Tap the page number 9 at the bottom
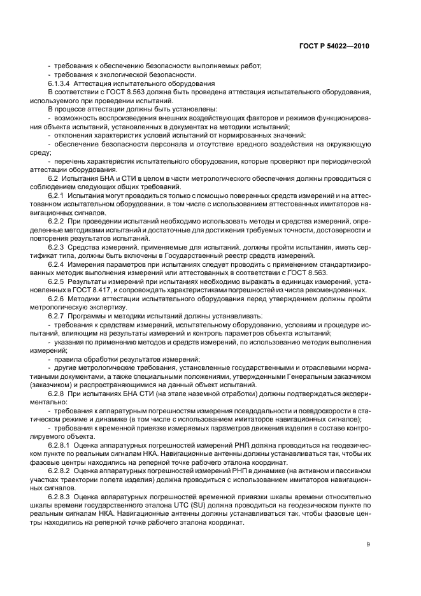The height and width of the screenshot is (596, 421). [x=368, y=543]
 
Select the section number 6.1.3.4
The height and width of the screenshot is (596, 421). [x=61, y=84]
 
